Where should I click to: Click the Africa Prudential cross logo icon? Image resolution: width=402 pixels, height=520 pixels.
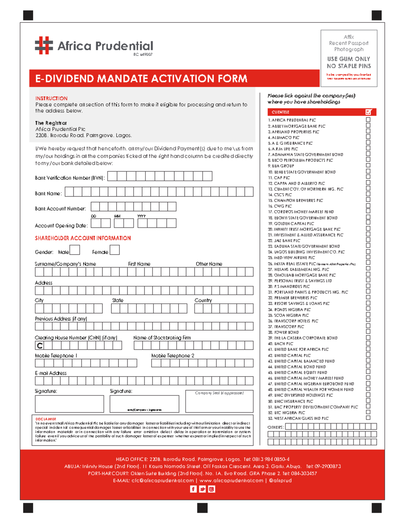(44, 46)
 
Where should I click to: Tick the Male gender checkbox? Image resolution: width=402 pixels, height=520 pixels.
(75, 250)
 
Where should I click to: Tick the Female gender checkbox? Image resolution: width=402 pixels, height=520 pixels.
(115, 250)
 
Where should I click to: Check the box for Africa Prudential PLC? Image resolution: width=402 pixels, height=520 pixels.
(368, 120)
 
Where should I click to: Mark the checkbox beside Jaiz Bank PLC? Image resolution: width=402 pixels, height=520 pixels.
(368, 240)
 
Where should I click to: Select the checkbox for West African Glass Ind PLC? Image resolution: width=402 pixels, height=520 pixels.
(368, 418)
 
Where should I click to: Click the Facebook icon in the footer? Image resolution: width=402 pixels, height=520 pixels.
(193, 489)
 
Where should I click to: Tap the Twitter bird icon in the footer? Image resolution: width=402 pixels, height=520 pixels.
(202, 489)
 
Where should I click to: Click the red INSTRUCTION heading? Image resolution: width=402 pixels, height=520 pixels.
(51, 98)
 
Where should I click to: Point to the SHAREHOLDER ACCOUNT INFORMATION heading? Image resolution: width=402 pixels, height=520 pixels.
(83, 238)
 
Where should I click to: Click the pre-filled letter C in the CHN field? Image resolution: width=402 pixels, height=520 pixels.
(40, 346)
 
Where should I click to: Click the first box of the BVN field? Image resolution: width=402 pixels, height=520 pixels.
(112, 176)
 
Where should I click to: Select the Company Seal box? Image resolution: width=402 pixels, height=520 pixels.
(219, 401)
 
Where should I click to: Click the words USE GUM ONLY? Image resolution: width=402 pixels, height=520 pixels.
(348, 59)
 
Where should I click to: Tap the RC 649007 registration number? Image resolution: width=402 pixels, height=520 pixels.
(143, 54)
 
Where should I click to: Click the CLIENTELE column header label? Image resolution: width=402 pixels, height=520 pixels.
(280, 112)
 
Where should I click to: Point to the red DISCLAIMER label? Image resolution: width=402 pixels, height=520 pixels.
(46, 419)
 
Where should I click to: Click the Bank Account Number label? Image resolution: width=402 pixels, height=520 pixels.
(60, 209)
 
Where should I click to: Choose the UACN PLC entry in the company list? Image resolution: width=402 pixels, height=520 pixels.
(283, 344)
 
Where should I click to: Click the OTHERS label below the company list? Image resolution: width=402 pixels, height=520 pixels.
(275, 427)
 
